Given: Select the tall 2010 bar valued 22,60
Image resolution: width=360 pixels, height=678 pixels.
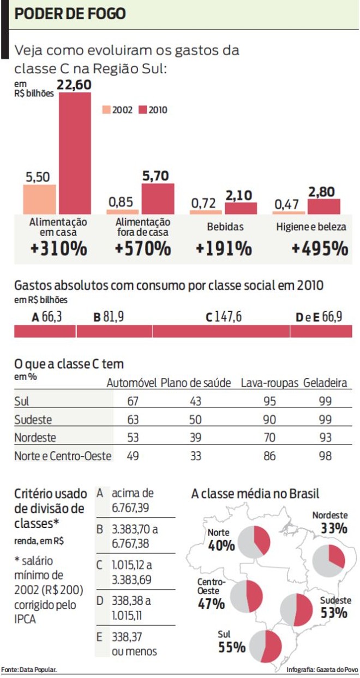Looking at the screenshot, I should click(75, 153).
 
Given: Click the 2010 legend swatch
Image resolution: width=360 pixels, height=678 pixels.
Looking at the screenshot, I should click(143, 110).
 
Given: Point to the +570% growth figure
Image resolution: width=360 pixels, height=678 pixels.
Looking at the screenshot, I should click(143, 249).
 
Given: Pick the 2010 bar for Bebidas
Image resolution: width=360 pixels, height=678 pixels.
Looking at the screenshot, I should click(241, 208).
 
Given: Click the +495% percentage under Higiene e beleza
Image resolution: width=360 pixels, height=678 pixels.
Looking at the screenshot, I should click(320, 249).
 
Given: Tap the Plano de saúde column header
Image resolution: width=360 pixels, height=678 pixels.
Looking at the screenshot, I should click(196, 383).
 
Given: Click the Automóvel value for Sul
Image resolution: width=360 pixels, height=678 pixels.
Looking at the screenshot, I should click(133, 401).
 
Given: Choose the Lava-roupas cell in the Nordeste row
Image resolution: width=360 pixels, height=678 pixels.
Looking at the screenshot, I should click(269, 437).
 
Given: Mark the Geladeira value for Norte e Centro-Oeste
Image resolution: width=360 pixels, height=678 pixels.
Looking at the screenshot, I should click(326, 455).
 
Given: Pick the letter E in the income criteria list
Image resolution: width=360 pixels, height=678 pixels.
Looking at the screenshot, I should click(100, 637).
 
